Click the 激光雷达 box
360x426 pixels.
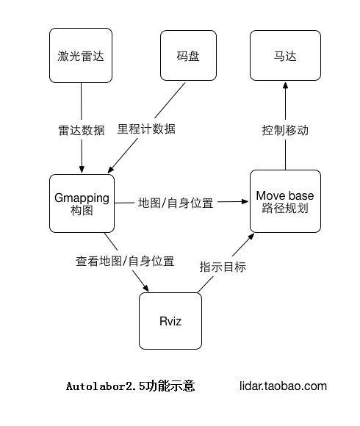[x=81, y=55]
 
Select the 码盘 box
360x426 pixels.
[x=188, y=55]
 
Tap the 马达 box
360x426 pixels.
[x=285, y=55]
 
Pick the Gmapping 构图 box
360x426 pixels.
[x=82, y=203]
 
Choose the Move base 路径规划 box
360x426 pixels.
[x=285, y=201]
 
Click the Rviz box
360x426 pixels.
[x=170, y=321]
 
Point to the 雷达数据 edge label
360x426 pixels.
[x=82, y=131]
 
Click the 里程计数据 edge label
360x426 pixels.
[x=146, y=129]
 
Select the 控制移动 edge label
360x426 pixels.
[x=285, y=131]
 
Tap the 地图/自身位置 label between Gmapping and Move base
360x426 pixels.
[x=176, y=203]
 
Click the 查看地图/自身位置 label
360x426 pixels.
[x=125, y=261]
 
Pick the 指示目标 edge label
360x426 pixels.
[x=223, y=267]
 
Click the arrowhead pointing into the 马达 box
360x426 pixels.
[x=285, y=85]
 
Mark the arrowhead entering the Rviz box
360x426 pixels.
[x=146, y=288]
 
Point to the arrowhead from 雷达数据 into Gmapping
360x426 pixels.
[x=82, y=169]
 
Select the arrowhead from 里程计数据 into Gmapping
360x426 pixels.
[x=111, y=169]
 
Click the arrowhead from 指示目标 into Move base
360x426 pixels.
[x=251, y=237]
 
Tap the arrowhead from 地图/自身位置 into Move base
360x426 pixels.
[x=245, y=201]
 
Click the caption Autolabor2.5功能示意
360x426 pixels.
[x=131, y=386]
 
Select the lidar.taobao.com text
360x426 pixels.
[x=283, y=386]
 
